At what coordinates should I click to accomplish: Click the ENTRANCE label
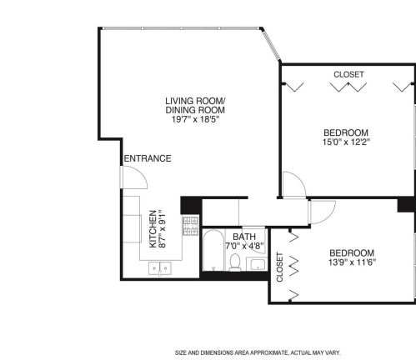(x=147, y=158)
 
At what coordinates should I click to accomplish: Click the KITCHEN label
(x=152, y=228)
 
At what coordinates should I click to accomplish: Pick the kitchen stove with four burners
(x=190, y=224)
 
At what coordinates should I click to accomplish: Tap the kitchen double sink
(x=158, y=268)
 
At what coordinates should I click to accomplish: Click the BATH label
(x=244, y=237)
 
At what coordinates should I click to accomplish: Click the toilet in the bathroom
(x=235, y=263)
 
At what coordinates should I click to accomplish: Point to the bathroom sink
(x=256, y=265)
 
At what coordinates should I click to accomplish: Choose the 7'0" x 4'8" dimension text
(x=244, y=247)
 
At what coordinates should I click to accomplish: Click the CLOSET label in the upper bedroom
(x=348, y=75)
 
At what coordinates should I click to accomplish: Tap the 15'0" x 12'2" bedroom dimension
(x=346, y=142)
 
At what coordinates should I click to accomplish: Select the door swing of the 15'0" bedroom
(x=293, y=185)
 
